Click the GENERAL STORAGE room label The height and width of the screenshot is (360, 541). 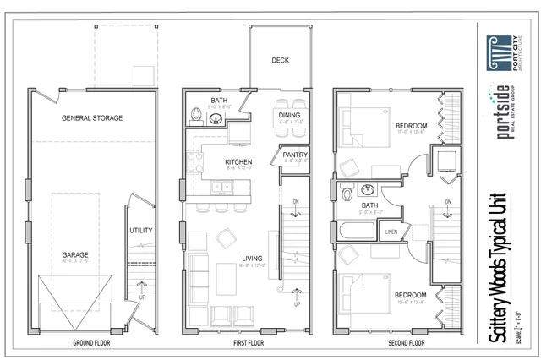[91, 118]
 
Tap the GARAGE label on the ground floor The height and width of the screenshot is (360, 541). [74, 254]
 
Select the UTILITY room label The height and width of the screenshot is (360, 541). [141, 230]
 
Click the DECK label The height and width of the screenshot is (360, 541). [281, 61]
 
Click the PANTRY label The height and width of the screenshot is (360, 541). [295, 155]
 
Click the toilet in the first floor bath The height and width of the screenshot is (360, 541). [194, 113]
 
